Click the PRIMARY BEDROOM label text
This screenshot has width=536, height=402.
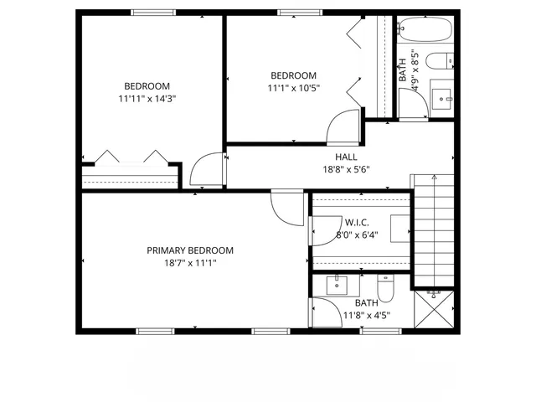[190, 250]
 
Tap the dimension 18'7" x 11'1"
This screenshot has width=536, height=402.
[190, 263]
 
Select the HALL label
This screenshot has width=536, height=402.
[346, 157]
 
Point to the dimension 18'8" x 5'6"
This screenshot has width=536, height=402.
[346, 169]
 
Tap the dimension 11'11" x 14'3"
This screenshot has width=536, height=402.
[147, 98]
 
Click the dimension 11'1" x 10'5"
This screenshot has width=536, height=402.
[293, 87]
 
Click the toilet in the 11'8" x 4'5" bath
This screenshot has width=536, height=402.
[385, 286]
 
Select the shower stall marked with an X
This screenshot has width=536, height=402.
[434, 310]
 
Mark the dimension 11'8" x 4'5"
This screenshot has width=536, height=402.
[366, 316]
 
